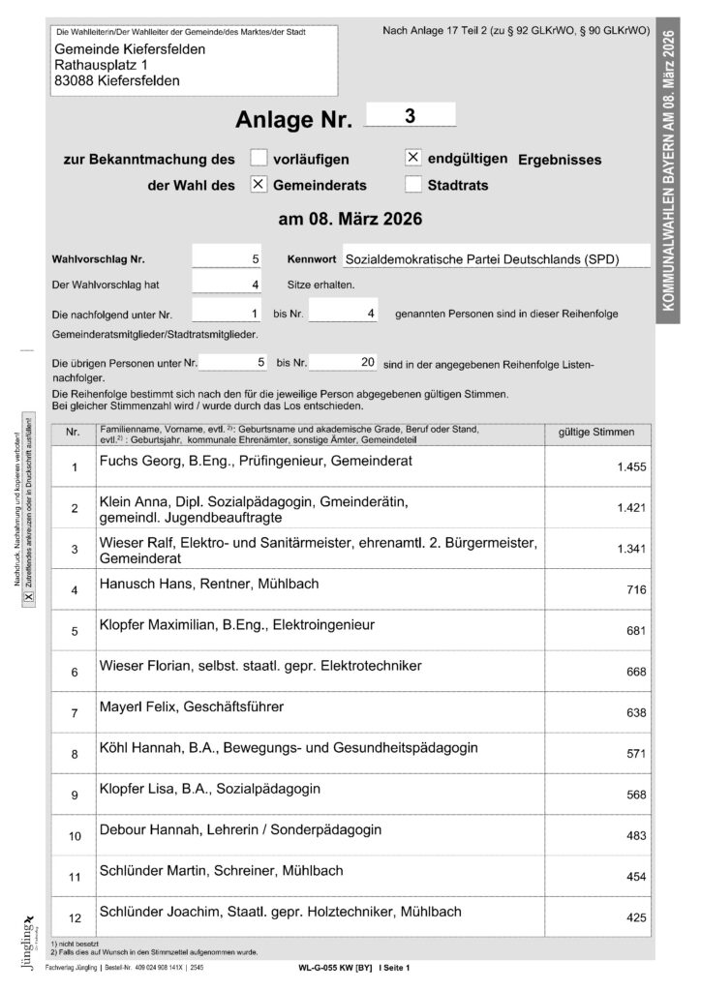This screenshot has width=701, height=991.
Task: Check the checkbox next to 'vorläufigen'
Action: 259,159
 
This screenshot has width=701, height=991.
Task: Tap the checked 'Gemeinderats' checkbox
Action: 259,184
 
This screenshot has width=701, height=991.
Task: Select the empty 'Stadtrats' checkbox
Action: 412,184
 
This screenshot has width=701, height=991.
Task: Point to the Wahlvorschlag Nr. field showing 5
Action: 228,259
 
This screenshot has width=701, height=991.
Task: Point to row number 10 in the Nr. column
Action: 74,833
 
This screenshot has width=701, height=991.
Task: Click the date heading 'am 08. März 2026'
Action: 350,220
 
